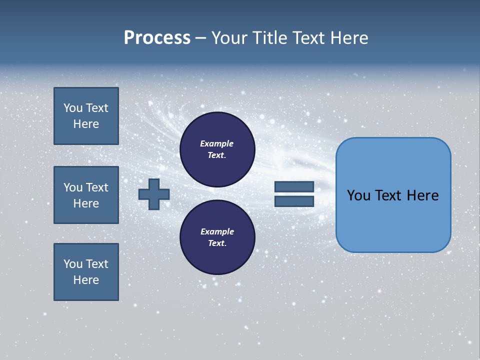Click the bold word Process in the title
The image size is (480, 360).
157,38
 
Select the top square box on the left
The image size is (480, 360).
86,116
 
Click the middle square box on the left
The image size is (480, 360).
86,195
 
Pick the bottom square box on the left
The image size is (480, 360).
86,272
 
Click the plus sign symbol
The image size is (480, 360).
154,194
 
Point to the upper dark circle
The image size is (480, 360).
217,149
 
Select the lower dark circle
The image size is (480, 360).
217,237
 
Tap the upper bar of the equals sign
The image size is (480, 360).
294,186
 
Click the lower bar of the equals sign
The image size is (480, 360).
294,201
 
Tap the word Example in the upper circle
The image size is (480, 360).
216,143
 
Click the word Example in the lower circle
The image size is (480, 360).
217,231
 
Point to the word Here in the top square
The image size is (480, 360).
86,124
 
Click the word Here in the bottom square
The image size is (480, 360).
86,280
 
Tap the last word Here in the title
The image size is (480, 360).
349,38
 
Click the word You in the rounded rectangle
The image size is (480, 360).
358,195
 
